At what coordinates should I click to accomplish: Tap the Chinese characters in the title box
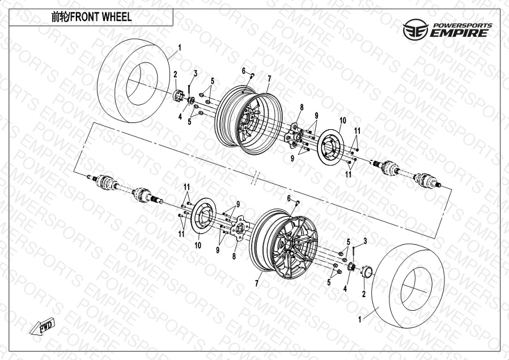point(60,17)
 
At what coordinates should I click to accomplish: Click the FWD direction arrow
point(42,326)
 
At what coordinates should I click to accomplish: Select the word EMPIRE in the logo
point(459,33)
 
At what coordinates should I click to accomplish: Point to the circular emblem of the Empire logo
point(415,29)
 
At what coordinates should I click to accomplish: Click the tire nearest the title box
point(134,81)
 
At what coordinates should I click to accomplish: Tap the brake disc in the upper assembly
point(330,147)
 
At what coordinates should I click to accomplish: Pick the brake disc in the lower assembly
point(203,215)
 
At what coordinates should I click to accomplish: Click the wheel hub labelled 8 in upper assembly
point(294,135)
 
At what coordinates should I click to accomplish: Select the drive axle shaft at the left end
point(125,189)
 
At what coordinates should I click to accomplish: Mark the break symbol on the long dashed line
point(256,177)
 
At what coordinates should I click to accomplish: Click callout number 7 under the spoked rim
point(256,283)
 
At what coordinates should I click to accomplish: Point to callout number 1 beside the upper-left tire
point(180,48)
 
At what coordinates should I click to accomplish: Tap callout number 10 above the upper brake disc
point(343,121)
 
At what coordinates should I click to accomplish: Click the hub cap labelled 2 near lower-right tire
point(367,272)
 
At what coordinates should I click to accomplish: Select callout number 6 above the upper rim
point(244,71)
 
